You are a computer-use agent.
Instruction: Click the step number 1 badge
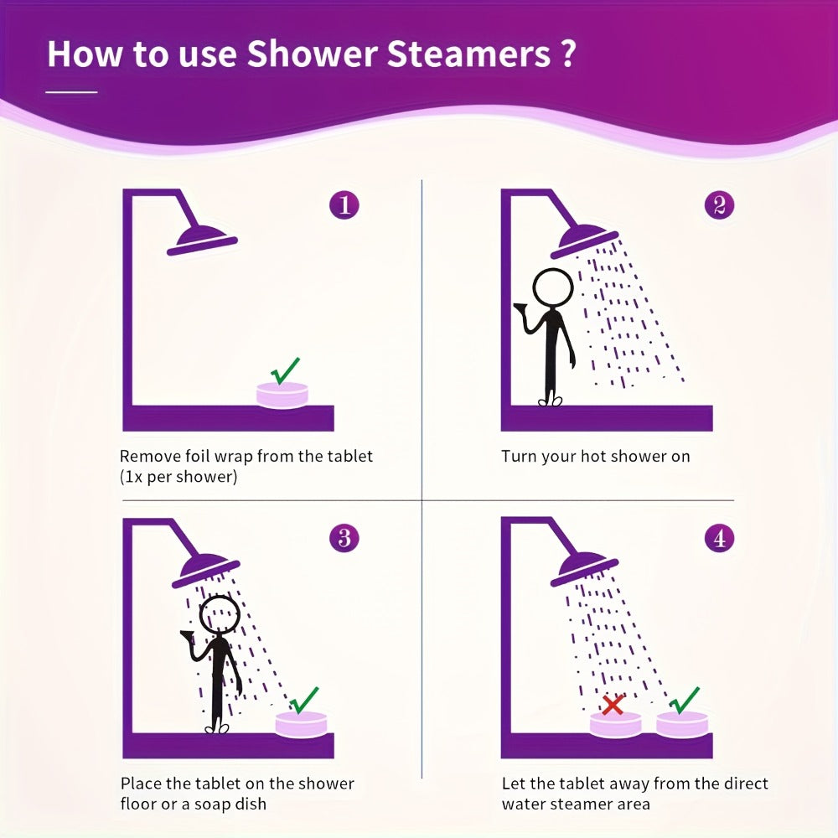pyautogui.click(x=344, y=204)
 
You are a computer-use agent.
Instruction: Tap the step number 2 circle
pyautogui.click(x=719, y=204)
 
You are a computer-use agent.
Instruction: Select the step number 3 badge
pyautogui.click(x=344, y=538)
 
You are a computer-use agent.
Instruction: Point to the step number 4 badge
pyautogui.click(x=719, y=538)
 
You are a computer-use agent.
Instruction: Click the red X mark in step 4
pyautogui.click(x=613, y=705)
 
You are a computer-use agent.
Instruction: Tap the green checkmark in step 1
pyautogui.click(x=286, y=371)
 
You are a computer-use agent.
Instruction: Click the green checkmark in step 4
pyautogui.click(x=684, y=700)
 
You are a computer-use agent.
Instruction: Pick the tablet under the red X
pyautogui.click(x=615, y=724)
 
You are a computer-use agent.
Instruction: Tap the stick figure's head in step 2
pyautogui.click(x=553, y=287)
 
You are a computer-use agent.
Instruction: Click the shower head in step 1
pyautogui.click(x=202, y=241)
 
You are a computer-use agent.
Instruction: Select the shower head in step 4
pyautogui.click(x=583, y=569)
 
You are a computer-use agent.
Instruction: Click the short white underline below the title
pyautogui.click(x=71, y=92)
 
